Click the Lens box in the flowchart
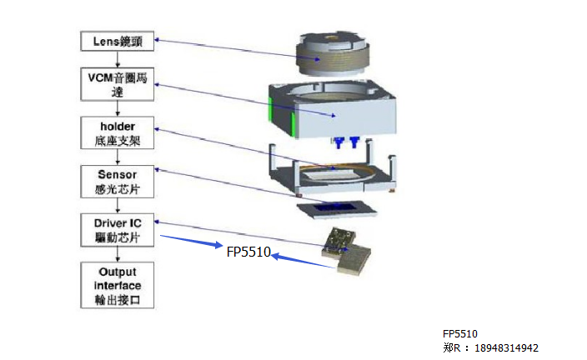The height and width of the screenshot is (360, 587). [117, 39]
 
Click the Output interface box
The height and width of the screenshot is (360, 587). [117, 286]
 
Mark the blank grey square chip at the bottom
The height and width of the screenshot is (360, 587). [354, 262]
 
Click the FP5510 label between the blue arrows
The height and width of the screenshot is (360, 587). [248, 251]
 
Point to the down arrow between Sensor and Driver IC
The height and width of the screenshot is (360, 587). [118, 205]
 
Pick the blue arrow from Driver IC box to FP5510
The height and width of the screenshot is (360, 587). [192, 242]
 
